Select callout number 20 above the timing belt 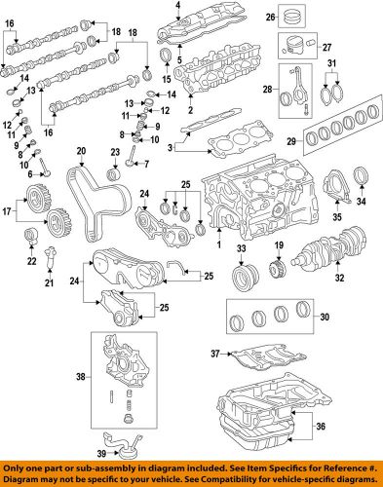(82, 151)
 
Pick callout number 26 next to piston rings (327, 16)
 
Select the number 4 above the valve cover (178, 8)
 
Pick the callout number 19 (278, 244)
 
